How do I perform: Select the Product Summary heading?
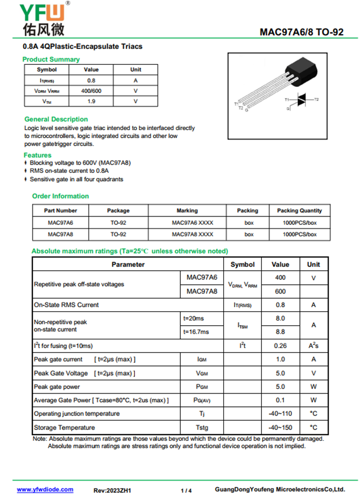click(x=51, y=59)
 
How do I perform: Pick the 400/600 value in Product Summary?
click(x=91, y=91)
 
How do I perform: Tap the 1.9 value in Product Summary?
click(x=91, y=101)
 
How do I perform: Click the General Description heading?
click(x=56, y=119)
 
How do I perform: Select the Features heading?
click(x=38, y=155)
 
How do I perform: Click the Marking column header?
click(x=187, y=210)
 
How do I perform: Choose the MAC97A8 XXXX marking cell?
click(x=193, y=234)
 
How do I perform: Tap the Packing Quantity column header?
click(x=299, y=210)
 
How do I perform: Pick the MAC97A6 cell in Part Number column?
click(x=60, y=222)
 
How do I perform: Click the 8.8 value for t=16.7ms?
click(x=280, y=332)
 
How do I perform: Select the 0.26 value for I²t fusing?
click(x=280, y=346)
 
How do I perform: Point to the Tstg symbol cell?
click(x=202, y=427)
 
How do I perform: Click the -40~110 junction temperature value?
click(x=280, y=414)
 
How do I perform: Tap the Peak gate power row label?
click(x=57, y=387)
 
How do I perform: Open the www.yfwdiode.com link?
click(x=45, y=489)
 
